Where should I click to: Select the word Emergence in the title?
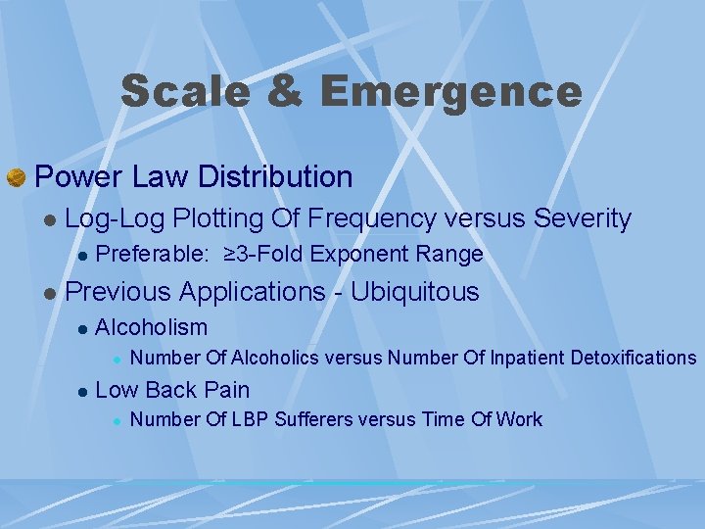[450, 91]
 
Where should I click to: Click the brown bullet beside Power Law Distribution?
[16, 177]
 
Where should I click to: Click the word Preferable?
[152, 255]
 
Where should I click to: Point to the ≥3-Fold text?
[263, 255]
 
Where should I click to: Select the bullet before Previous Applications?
[48, 293]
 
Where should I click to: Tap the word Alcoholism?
[152, 327]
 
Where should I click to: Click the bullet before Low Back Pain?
[83, 391]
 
